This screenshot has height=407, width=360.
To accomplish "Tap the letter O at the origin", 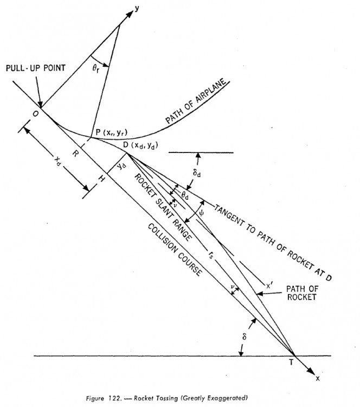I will point(34,115).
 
